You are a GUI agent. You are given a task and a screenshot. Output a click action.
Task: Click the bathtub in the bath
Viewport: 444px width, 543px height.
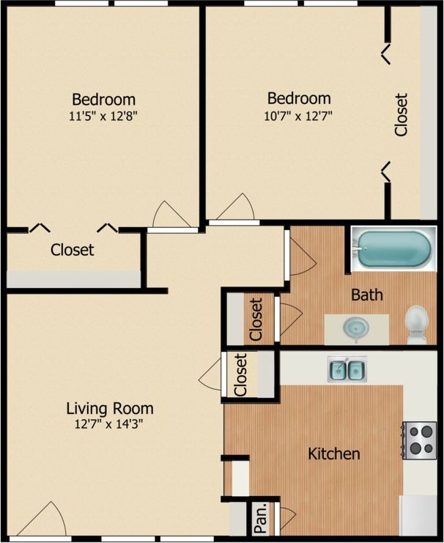(393, 249)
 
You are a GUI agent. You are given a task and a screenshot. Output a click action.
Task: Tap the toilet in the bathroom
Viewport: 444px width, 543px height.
(417, 325)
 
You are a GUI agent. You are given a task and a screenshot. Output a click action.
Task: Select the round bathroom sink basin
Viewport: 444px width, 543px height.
(356, 327)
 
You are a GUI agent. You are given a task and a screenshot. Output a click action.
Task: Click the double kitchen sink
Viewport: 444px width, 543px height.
(347, 369)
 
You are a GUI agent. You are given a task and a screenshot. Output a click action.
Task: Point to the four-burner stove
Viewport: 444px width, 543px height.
(419, 440)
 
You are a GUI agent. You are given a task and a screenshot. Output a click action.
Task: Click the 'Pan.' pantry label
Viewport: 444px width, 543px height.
(261, 518)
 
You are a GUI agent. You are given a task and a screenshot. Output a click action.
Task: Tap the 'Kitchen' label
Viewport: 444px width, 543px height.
(334, 454)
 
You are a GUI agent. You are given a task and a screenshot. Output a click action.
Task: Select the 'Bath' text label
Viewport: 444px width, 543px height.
(367, 295)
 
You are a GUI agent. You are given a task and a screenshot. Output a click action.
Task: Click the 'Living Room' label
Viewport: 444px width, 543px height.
(110, 408)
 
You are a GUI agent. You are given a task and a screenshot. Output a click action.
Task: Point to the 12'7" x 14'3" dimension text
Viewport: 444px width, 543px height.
(108, 424)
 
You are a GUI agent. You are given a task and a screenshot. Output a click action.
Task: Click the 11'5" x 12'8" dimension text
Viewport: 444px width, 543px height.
(103, 116)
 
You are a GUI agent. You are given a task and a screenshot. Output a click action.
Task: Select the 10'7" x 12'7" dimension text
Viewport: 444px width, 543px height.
(298, 116)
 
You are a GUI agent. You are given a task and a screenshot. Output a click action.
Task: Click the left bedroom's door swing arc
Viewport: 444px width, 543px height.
(171, 214)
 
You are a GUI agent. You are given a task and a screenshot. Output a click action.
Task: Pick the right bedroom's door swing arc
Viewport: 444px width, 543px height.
(236, 207)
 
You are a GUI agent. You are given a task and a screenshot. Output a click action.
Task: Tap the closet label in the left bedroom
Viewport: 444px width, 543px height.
(72, 250)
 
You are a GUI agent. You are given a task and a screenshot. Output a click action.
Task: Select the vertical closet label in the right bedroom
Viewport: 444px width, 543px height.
(402, 114)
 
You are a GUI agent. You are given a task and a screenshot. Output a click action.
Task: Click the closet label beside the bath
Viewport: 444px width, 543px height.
(256, 319)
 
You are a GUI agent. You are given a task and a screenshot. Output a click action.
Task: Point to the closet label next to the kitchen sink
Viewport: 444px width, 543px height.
(241, 374)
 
